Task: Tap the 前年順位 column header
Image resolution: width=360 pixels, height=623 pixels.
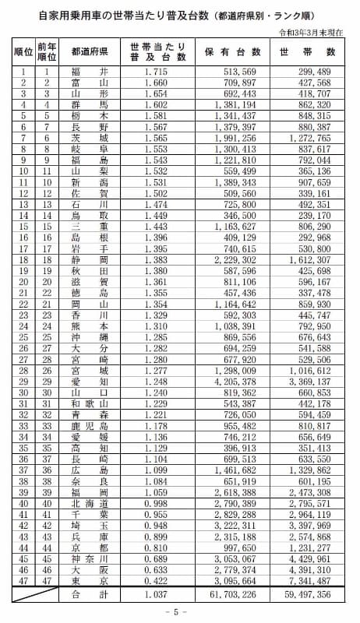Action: tap(47, 52)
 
